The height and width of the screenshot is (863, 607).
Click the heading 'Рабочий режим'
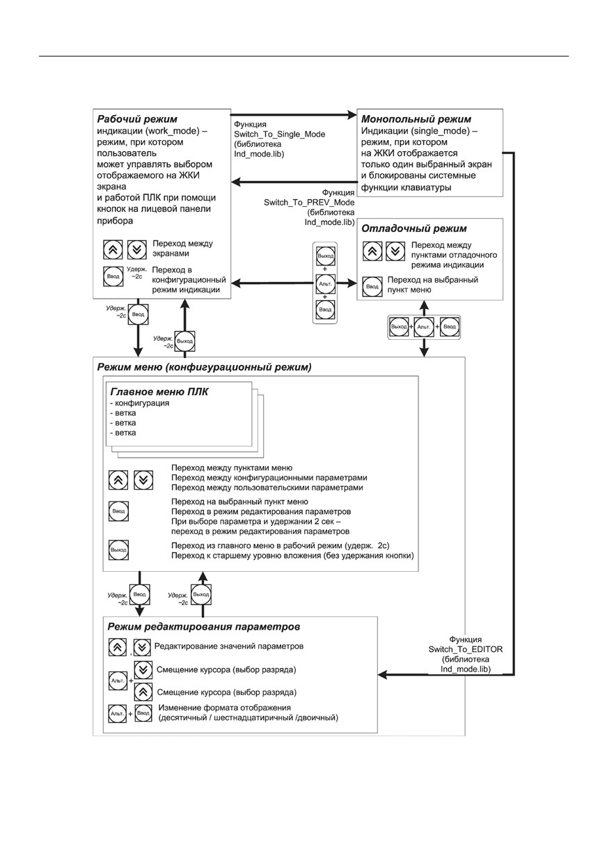tap(136, 119)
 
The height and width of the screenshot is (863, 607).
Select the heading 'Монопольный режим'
tap(416, 119)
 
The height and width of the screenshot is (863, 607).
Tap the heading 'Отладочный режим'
tap(413, 228)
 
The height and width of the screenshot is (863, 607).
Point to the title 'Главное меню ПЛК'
tap(159, 392)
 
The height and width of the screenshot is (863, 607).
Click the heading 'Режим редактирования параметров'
tap(203, 626)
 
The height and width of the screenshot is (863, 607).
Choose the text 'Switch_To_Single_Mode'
tap(280, 134)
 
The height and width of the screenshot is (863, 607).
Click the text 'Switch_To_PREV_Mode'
tap(309, 202)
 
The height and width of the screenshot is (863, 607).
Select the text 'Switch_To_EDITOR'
tap(465, 649)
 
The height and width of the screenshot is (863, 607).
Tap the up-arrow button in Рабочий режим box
tap(113, 249)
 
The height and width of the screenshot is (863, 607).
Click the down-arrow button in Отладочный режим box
tap(395, 251)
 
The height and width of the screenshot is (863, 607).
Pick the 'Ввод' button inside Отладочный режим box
tap(372, 286)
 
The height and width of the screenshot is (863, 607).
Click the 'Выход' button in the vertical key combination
tap(325, 256)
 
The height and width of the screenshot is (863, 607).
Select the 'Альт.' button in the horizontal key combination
tap(424, 327)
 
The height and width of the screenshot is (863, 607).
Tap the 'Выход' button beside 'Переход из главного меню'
tap(118, 550)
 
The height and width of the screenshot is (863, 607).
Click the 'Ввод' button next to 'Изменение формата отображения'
tap(143, 713)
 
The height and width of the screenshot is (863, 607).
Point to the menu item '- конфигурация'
tap(139, 403)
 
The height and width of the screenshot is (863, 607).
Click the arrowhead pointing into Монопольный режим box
tap(352, 114)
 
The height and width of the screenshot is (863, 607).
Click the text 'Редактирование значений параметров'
tap(229, 646)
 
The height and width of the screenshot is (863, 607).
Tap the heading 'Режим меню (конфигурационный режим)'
tap(204, 367)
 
